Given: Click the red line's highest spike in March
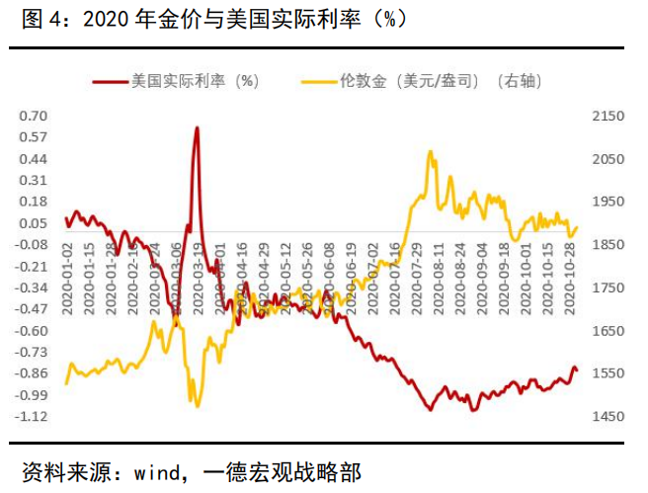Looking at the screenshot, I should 198,128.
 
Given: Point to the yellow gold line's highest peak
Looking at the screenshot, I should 431,152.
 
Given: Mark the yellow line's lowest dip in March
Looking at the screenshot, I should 198,405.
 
